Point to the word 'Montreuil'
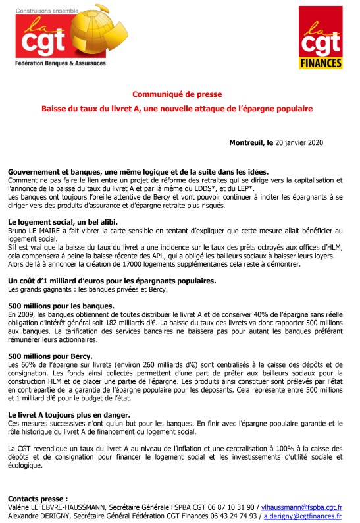click(x=246, y=142)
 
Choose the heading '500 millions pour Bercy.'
click(x=49, y=356)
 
